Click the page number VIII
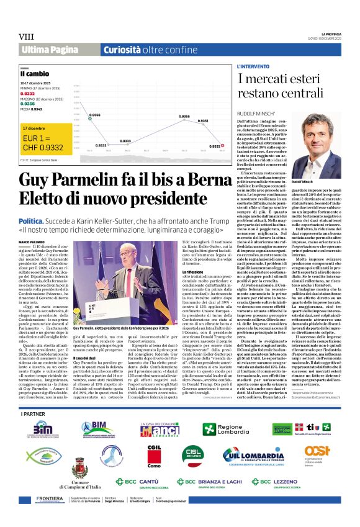25,37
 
